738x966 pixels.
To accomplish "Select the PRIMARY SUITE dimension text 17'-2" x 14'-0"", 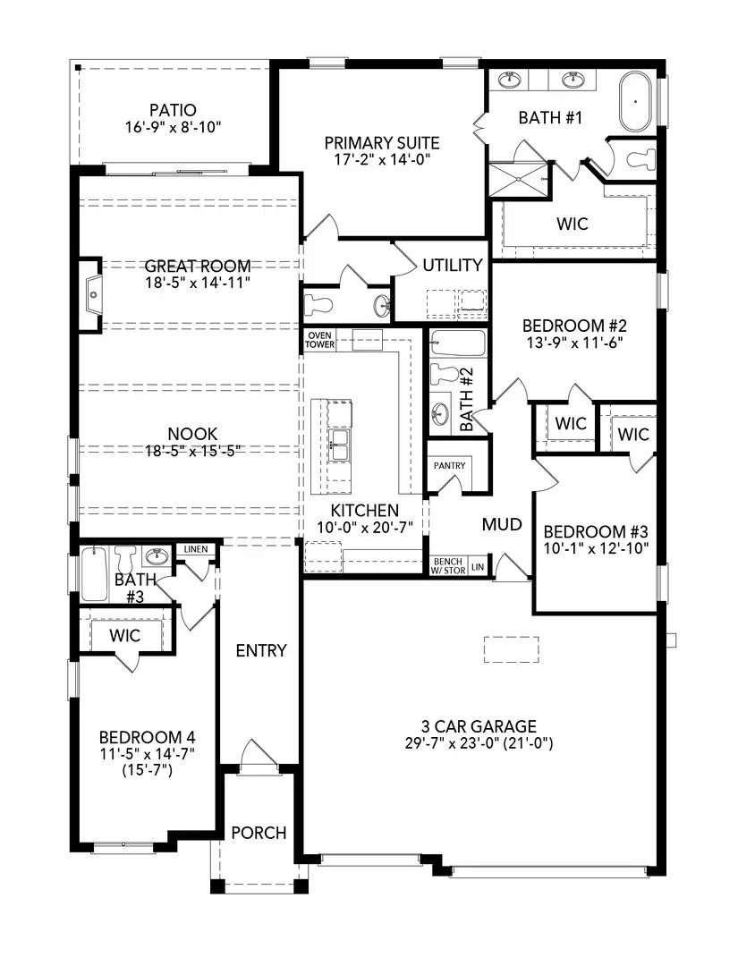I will point(381,161).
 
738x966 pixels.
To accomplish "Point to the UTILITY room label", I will point(453,265).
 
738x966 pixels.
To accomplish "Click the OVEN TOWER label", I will point(320,340).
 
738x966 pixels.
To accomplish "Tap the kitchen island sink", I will point(339,443).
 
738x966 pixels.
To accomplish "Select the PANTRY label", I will point(448,467).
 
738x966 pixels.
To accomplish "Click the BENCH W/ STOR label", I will point(448,565).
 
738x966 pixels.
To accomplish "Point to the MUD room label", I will point(502,524).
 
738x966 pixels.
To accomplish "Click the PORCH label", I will point(259,833).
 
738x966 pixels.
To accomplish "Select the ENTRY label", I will point(260,650).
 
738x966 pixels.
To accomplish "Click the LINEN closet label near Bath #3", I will point(196,549).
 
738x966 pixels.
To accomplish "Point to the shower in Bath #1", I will point(520,179).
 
